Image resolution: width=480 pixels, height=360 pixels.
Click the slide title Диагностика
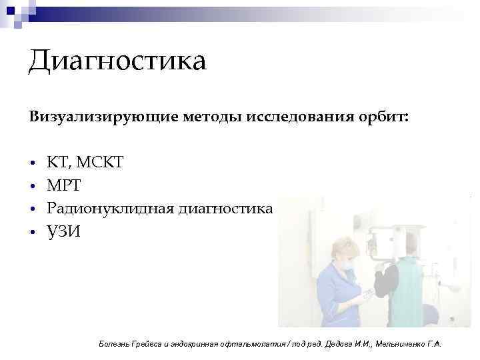point(117,62)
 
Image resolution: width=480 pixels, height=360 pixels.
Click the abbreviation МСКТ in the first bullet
point(99,162)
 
